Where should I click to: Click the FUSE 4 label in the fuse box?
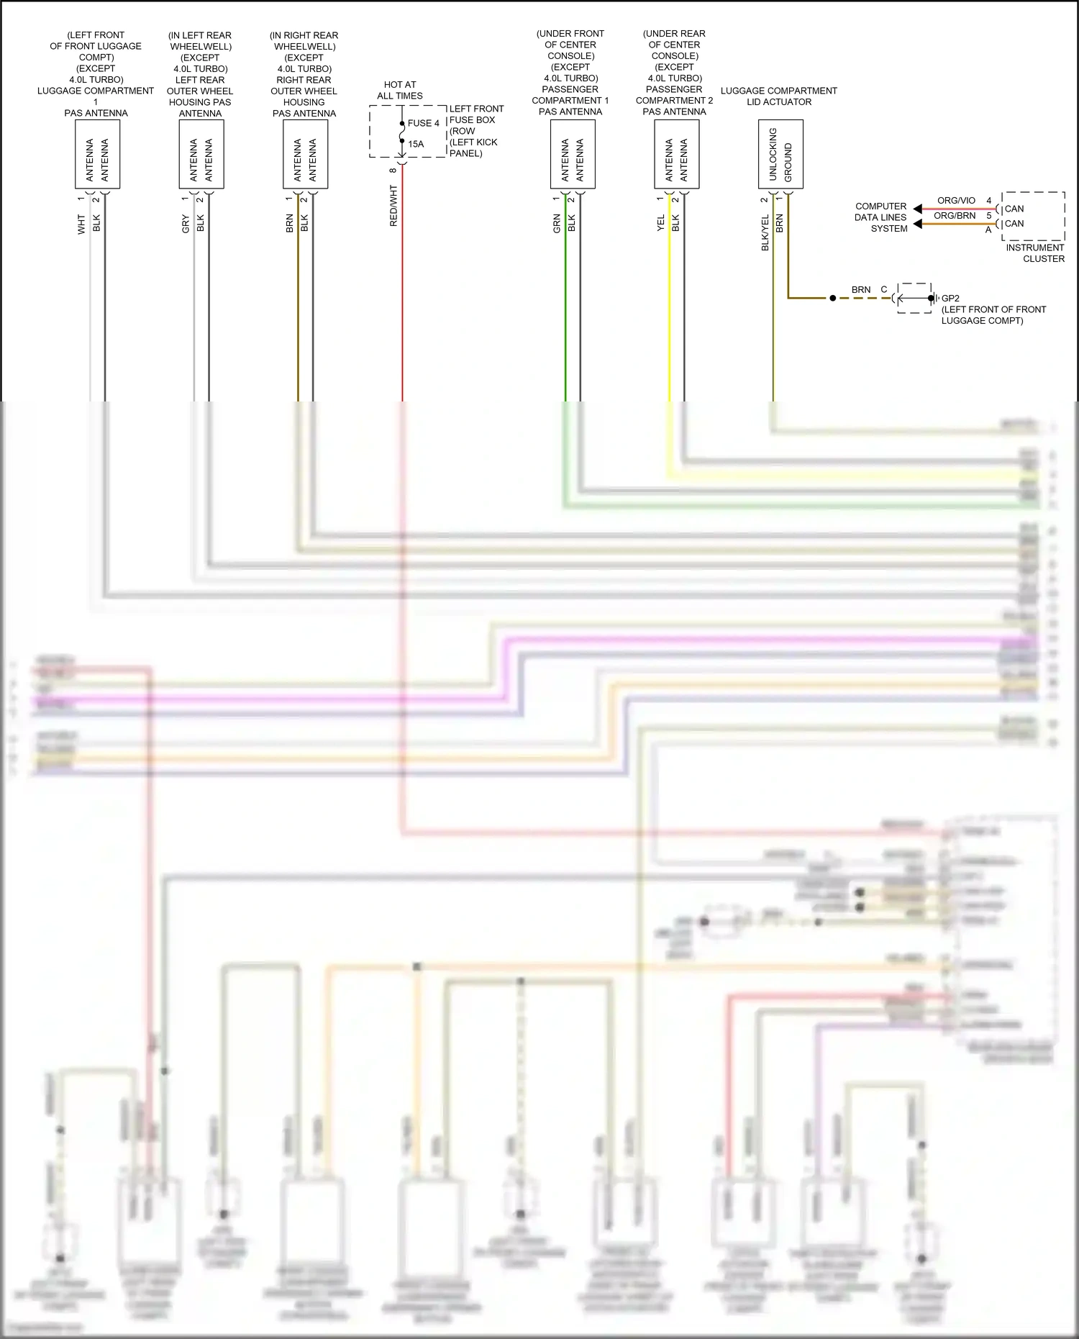point(423,123)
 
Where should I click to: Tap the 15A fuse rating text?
point(416,144)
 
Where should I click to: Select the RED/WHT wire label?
point(393,206)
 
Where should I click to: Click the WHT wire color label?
point(81,224)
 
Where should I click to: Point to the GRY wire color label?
point(186,224)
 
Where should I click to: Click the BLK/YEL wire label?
point(765,232)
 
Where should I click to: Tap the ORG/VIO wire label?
point(956,201)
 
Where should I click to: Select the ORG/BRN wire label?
point(955,216)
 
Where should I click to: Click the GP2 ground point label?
point(950,298)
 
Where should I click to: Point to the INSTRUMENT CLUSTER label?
point(1035,253)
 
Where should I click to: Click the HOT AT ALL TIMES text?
point(400,90)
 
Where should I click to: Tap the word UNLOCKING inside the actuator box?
point(773,154)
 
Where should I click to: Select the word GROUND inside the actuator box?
point(788,163)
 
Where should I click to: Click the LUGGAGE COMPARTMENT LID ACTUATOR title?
point(779,96)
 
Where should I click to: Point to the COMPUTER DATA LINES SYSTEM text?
point(880,217)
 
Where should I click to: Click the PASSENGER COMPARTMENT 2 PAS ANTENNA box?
point(676,154)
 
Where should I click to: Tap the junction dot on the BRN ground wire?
point(833,298)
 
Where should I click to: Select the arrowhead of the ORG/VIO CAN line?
point(918,209)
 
